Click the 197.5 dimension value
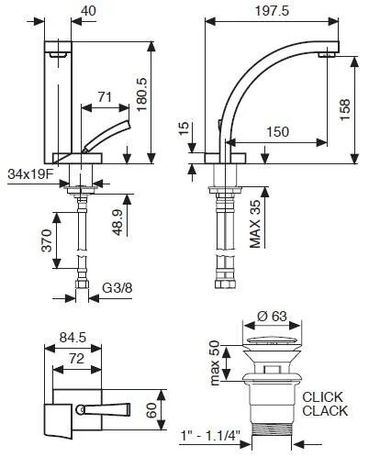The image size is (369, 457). click(272, 11)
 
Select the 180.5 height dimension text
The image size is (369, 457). click(141, 95)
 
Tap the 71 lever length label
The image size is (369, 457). click(105, 97)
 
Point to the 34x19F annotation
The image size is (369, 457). click(30, 174)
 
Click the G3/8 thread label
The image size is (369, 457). click(117, 288)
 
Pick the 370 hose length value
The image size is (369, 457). click(47, 240)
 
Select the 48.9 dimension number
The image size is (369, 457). click(118, 222)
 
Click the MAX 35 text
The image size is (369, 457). click(255, 224)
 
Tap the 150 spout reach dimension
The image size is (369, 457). click(277, 132)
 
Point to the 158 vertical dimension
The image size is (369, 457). click(344, 109)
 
